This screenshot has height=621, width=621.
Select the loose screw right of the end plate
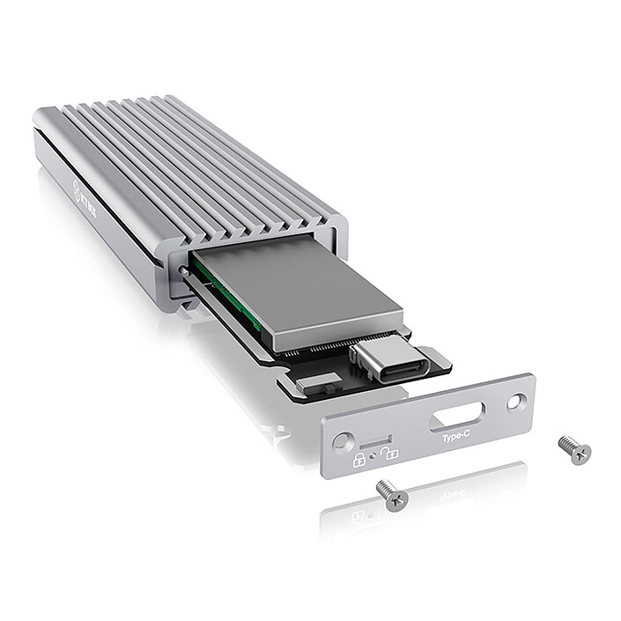pos(575,450)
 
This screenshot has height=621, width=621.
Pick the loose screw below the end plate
pos(392,494)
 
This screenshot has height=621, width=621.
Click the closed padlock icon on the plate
pos(359,460)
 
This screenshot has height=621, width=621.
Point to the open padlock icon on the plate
pos(390,452)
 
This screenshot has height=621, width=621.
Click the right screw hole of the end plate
pos(517,403)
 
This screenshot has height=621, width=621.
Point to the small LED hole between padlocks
pos(374,456)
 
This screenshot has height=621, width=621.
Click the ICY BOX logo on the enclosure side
pos(83,191)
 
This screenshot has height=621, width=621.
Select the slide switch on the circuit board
pos(320,383)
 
